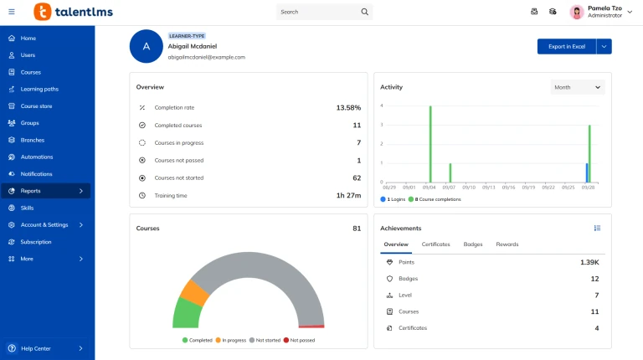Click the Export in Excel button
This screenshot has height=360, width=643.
tap(567, 47)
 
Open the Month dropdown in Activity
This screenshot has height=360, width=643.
tap(578, 87)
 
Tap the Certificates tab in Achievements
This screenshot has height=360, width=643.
tap(435, 244)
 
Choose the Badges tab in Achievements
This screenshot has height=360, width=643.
tap(473, 244)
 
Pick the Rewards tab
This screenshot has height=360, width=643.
tap(507, 244)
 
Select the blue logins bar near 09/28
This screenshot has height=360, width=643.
tap(587, 172)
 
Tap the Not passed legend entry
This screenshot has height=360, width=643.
tap(300, 341)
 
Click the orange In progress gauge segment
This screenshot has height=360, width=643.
tap(195, 292)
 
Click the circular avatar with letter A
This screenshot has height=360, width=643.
tap(146, 47)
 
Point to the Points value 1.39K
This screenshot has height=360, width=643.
tap(589, 262)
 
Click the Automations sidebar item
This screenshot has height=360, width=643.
tap(37, 157)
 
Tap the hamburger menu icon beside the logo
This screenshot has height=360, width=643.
tap(12, 12)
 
